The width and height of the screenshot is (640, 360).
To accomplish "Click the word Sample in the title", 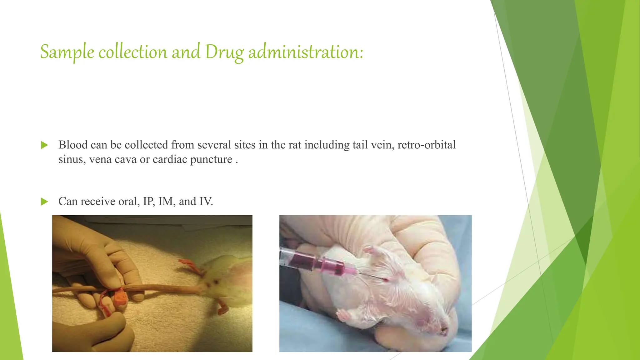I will (67, 52).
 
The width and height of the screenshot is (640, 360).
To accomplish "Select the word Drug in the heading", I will (224, 52).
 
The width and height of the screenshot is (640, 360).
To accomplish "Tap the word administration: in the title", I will (306, 52).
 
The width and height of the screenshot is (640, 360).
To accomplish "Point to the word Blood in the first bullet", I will (73, 145).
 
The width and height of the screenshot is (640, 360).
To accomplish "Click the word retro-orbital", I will (426, 145).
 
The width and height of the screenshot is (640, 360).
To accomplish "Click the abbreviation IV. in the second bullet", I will (206, 201).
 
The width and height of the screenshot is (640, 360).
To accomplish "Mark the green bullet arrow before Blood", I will (44, 145).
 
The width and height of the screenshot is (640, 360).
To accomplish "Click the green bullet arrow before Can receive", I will (44, 202).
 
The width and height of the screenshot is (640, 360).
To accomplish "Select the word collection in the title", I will (133, 52).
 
